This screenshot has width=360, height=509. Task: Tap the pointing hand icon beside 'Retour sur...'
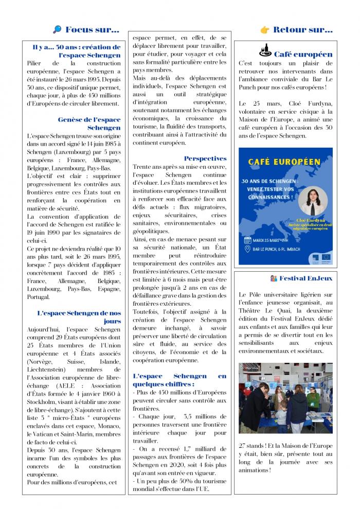[x=265, y=30]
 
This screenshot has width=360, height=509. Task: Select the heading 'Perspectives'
[x=205, y=159]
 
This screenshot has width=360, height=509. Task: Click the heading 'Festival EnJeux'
[x=306, y=278]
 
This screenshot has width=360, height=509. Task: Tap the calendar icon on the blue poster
[x=247, y=240]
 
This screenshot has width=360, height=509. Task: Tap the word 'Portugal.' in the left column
[x=39, y=297]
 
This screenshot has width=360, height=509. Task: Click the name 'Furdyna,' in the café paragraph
[x=317, y=103]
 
